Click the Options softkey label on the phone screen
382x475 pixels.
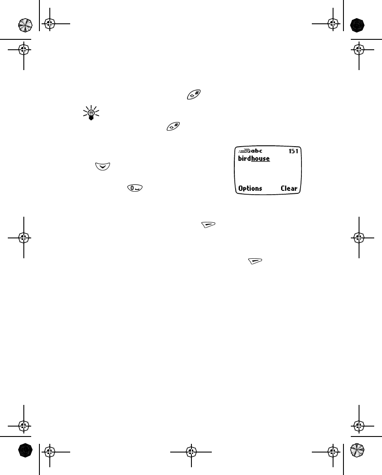coord(250,188)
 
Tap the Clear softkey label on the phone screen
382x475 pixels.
coord(289,188)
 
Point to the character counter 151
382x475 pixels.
coord(294,151)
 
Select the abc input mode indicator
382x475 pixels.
coord(257,151)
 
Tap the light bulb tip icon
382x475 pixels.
coord(91,113)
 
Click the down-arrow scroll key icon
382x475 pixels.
coord(103,166)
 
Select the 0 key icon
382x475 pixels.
coord(135,188)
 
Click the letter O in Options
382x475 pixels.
coord(240,188)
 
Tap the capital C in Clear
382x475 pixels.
coord(283,188)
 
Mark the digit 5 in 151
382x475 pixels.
coord(294,151)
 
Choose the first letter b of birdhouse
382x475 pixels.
coord(240,159)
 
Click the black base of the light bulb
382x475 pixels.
coord(91,118)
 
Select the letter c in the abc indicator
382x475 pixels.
coord(260,151)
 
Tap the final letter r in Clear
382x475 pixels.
coord(296,189)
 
